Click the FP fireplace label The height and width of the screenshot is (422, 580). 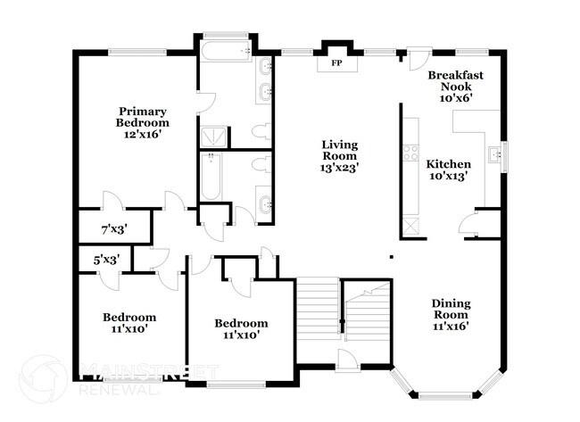click(336, 64)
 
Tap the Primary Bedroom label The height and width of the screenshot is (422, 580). click(145, 117)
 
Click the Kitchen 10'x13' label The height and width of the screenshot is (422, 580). click(448, 170)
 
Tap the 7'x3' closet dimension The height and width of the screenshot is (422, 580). click(113, 229)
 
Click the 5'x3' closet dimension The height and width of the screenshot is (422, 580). click(107, 260)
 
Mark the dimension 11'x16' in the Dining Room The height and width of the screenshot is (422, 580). click(451, 326)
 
